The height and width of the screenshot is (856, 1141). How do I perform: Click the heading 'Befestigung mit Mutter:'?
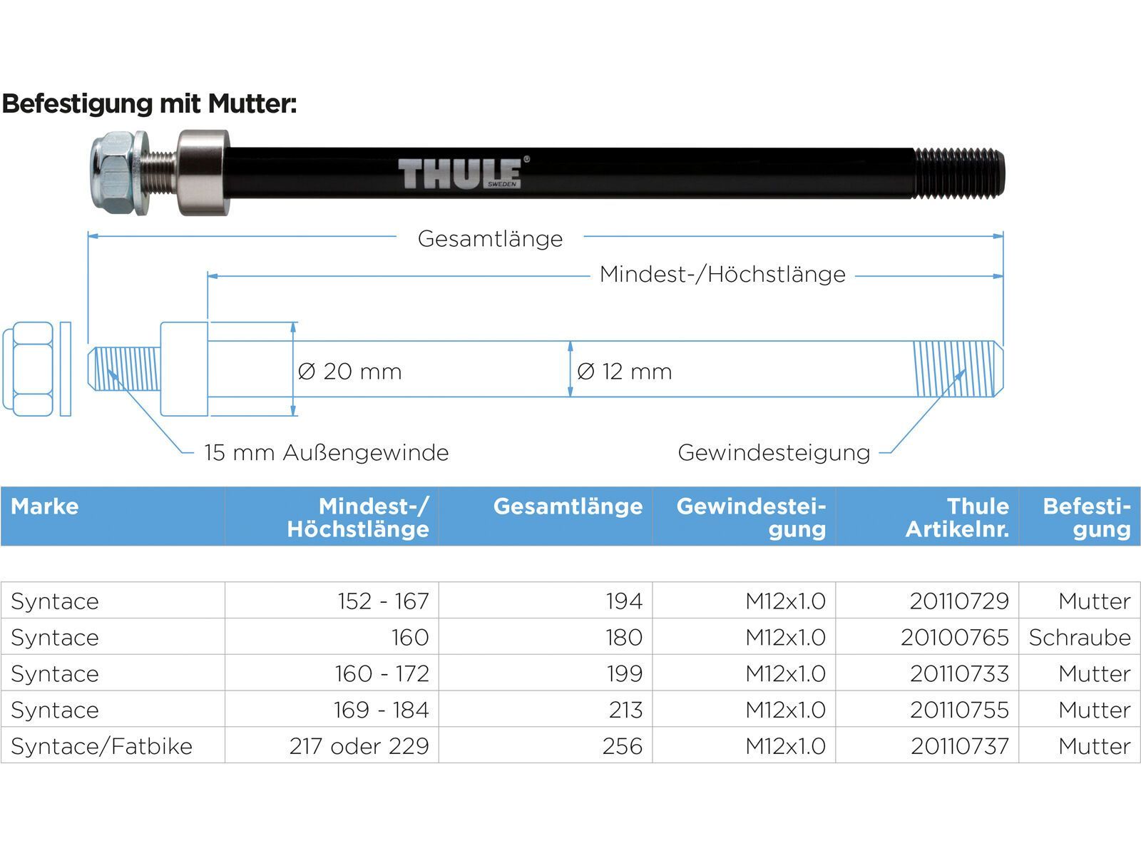coord(149,104)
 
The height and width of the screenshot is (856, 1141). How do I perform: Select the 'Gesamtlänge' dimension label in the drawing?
coord(490,239)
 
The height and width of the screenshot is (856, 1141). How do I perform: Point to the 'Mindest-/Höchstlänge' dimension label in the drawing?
coord(722,275)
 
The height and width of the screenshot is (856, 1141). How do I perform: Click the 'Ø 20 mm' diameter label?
coord(349,372)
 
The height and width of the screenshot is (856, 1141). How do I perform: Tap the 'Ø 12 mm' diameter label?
coord(624,372)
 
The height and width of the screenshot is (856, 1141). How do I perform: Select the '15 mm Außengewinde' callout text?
coord(326,453)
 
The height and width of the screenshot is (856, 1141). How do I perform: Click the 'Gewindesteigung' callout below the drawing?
coord(774,453)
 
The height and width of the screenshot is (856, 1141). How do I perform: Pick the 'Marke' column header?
coord(45,506)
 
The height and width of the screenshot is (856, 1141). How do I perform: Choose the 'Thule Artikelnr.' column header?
coord(957,517)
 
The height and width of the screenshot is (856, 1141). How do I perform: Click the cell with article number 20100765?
coord(955,638)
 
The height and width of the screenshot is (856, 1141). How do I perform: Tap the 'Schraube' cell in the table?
coord(1080,638)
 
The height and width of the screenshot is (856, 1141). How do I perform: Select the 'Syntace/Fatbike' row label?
coord(101,746)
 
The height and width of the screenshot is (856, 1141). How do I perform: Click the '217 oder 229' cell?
coord(359,746)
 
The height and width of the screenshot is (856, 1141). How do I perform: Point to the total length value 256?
coord(622,746)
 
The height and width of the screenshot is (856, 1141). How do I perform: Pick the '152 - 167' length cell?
coord(383,601)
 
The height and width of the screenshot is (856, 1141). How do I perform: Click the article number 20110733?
coord(959,674)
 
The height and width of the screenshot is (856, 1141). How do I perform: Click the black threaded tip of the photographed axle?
coord(958,174)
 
